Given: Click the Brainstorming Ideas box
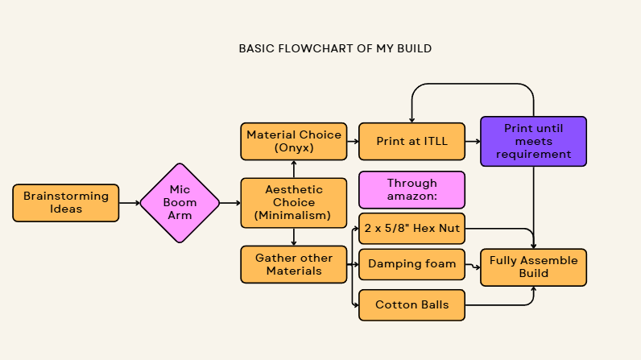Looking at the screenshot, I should tap(66, 203).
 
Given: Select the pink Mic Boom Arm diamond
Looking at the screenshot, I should tap(180, 203).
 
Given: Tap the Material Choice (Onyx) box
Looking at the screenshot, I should tap(294, 141).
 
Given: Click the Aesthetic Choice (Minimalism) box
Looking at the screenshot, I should tap(294, 203).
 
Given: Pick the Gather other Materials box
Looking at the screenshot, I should tap(294, 264).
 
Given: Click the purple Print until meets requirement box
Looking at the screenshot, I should tap(533, 141).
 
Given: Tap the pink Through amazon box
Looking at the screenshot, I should tap(411, 190).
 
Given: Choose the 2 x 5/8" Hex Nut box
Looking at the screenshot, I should tap(411, 229).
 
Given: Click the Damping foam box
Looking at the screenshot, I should tap(411, 264).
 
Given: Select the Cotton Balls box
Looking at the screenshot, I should tap(411, 305).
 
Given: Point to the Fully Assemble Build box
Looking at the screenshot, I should tap(533, 267).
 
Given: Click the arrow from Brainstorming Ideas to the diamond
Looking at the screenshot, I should tap(129, 203).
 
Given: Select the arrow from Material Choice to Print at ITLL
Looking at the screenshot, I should tap(353, 141).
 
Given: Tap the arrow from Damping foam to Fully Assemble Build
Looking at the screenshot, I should tap(473, 264).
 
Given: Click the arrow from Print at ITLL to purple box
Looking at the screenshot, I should tap(473, 141).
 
